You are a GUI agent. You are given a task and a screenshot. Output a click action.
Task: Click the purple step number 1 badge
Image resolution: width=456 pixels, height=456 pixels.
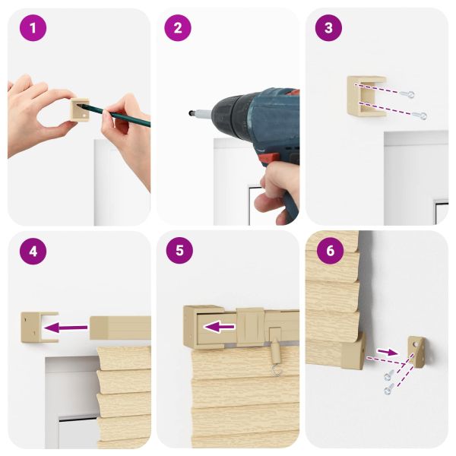[33, 28]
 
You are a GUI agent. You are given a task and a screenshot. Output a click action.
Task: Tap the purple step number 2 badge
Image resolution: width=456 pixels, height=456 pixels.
[178, 28]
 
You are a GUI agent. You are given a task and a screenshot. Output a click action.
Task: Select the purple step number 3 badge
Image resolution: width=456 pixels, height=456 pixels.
[328, 28]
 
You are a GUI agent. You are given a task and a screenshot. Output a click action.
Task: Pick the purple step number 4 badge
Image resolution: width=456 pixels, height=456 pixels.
[33, 251]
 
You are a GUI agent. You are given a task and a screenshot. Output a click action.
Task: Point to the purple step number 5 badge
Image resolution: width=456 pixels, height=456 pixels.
[179, 250]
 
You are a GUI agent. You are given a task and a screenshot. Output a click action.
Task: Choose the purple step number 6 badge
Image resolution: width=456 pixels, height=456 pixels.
[331, 250]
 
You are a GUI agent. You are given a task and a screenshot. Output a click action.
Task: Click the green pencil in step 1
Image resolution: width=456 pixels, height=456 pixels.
[116, 114]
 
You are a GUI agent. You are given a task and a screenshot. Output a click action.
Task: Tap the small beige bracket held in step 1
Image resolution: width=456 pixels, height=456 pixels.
[80, 109]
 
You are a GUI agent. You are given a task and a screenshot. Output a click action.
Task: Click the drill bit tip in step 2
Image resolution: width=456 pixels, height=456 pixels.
[191, 112]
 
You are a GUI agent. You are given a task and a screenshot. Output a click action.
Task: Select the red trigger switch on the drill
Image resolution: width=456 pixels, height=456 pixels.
[267, 160]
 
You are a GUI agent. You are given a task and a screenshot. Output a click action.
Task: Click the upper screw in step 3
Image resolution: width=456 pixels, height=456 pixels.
[407, 93]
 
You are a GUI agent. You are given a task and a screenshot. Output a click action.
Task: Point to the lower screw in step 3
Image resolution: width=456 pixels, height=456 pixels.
[420, 116]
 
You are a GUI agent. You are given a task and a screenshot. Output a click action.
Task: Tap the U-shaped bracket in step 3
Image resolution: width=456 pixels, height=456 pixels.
[366, 97]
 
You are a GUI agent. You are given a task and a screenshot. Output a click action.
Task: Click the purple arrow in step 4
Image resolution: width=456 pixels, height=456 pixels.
[66, 328]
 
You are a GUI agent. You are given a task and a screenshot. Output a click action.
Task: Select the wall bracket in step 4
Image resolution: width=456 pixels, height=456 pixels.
[40, 328]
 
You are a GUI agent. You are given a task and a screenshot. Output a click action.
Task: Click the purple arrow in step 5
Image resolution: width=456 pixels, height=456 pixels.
[219, 327]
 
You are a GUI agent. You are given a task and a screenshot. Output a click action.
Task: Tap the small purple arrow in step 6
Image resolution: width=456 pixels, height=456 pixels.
[388, 352]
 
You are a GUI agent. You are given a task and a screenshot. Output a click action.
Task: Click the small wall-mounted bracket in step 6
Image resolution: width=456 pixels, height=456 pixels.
[416, 351]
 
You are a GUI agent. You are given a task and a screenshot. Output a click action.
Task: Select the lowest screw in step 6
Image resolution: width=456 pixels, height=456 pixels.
[388, 389]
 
